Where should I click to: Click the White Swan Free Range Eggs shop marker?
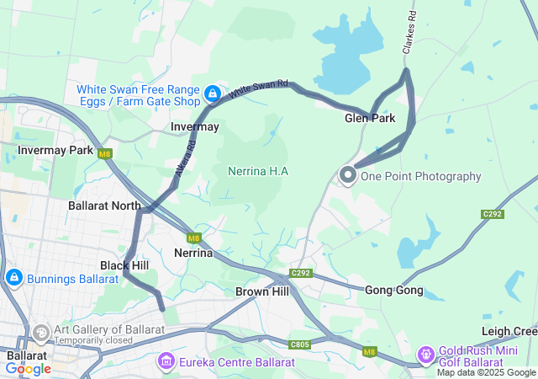click(213, 92)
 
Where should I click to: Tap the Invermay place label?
click(194, 126)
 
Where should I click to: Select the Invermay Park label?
click(56, 150)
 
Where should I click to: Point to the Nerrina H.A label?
click(258, 171)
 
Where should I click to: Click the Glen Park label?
click(370, 119)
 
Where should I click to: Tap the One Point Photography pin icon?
click(348, 174)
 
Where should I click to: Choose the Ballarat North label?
click(105, 205)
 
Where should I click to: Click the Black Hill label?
click(124, 264)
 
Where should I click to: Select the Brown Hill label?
click(262, 291)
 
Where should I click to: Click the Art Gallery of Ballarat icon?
click(40, 334)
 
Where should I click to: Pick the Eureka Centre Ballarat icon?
click(166, 362)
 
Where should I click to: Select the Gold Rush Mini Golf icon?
click(426, 354)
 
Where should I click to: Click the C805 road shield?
click(300, 344)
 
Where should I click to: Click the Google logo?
click(28, 369)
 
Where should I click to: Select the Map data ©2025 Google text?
click(485, 372)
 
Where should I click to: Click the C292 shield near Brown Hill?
click(301, 273)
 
